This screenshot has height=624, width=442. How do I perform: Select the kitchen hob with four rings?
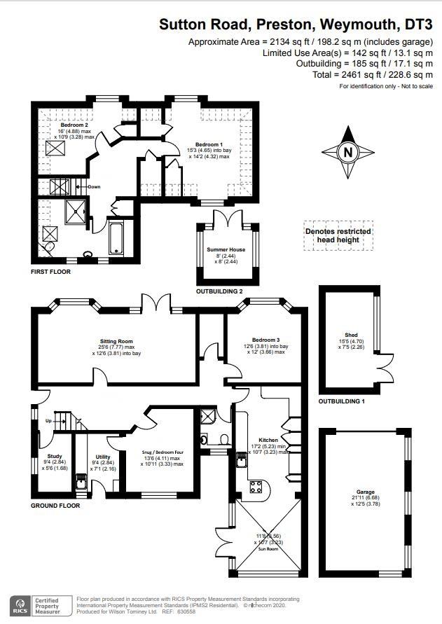pos(256,488)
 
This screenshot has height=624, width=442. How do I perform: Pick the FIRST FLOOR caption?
pos(50,271)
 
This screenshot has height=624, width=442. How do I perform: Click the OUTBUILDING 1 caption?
pos(342,401)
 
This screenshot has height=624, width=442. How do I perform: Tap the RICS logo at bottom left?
pos(20,605)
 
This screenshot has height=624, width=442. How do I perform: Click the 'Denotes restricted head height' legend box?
pos(338,235)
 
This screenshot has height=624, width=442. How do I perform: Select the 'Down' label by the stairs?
pos(94,187)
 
